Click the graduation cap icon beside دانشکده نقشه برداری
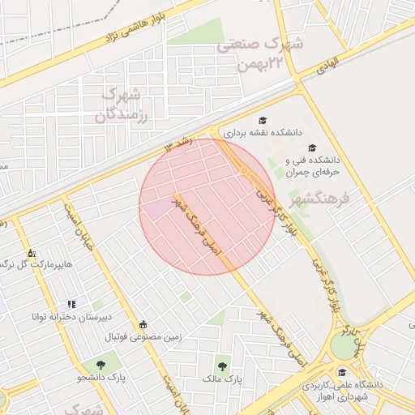(x=263, y=120)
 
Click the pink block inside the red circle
(x=155, y=208)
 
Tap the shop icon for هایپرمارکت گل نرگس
(x=31, y=253)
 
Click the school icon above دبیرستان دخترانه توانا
(x=71, y=304)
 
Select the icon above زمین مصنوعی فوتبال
(x=143, y=325)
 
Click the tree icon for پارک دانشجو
(x=101, y=365)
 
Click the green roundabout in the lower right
(x=344, y=346)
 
